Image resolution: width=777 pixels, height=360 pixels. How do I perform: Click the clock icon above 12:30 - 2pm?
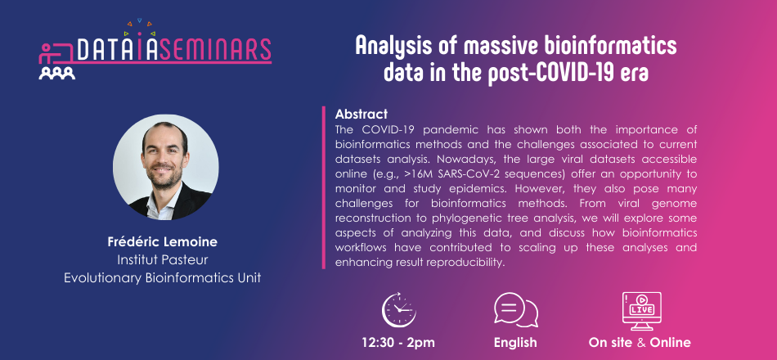point(399,310)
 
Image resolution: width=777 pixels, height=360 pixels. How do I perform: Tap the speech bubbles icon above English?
point(516,310)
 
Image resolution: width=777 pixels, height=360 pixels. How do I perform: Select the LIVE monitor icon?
point(641,310)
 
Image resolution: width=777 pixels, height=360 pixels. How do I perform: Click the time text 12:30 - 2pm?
point(398,342)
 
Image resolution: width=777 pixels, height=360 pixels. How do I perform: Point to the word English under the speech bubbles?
point(515,343)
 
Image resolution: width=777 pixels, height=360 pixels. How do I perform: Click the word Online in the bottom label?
point(670,342)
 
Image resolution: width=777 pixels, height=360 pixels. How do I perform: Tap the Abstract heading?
point(362,114)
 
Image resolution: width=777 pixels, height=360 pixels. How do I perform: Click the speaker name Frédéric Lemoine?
point(163,242)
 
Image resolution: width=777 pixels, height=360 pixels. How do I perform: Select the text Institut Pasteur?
point(163,260)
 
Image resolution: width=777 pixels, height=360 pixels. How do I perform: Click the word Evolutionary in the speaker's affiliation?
point(103,277)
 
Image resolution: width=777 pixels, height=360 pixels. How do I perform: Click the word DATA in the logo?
point(101,49)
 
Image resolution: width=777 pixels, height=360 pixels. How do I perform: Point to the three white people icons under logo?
point(57,74)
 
